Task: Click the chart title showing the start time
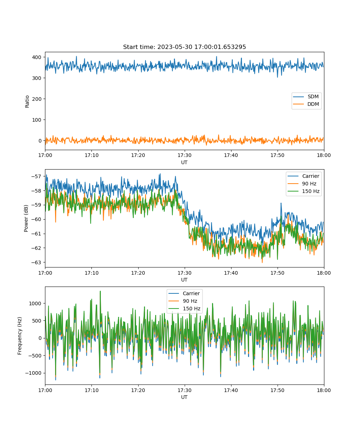click(x=184, y=47)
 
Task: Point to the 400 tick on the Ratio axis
click(x=37, y=57)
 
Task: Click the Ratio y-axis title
click(x=27, y=102)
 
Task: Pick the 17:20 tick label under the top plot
click(x=138, y=155)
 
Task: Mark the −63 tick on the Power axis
click(x=36, y=262)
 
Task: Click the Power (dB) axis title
click(x=26, y=218)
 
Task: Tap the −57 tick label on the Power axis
click(x=36, y=176)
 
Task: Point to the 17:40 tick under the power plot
click(x=231, y=273)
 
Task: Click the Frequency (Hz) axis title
click(x=20, y=336)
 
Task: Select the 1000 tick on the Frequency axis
click(x=35, y=303)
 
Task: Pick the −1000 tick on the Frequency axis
click(x=33, y=373)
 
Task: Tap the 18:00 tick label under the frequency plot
click(x=324, y=390)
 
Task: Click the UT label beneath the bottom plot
click(x=184, y=397)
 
